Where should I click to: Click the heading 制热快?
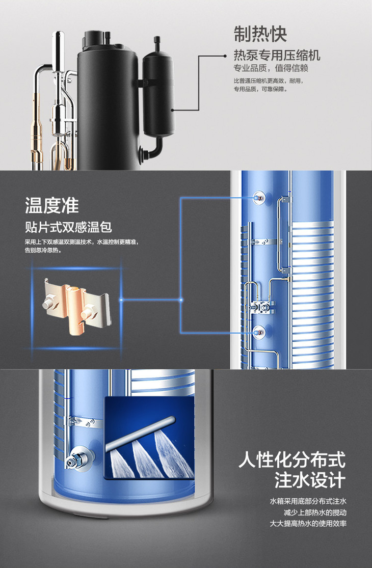coord(260,34)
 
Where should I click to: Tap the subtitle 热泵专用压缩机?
coord(277,56)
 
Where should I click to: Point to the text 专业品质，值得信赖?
coord(271,68)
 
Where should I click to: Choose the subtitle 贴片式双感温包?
coord(68,227)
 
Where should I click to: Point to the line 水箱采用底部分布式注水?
coord(308,501)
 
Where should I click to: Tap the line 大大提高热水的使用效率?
coord(308,524)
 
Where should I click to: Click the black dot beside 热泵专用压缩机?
coord(225,56)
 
